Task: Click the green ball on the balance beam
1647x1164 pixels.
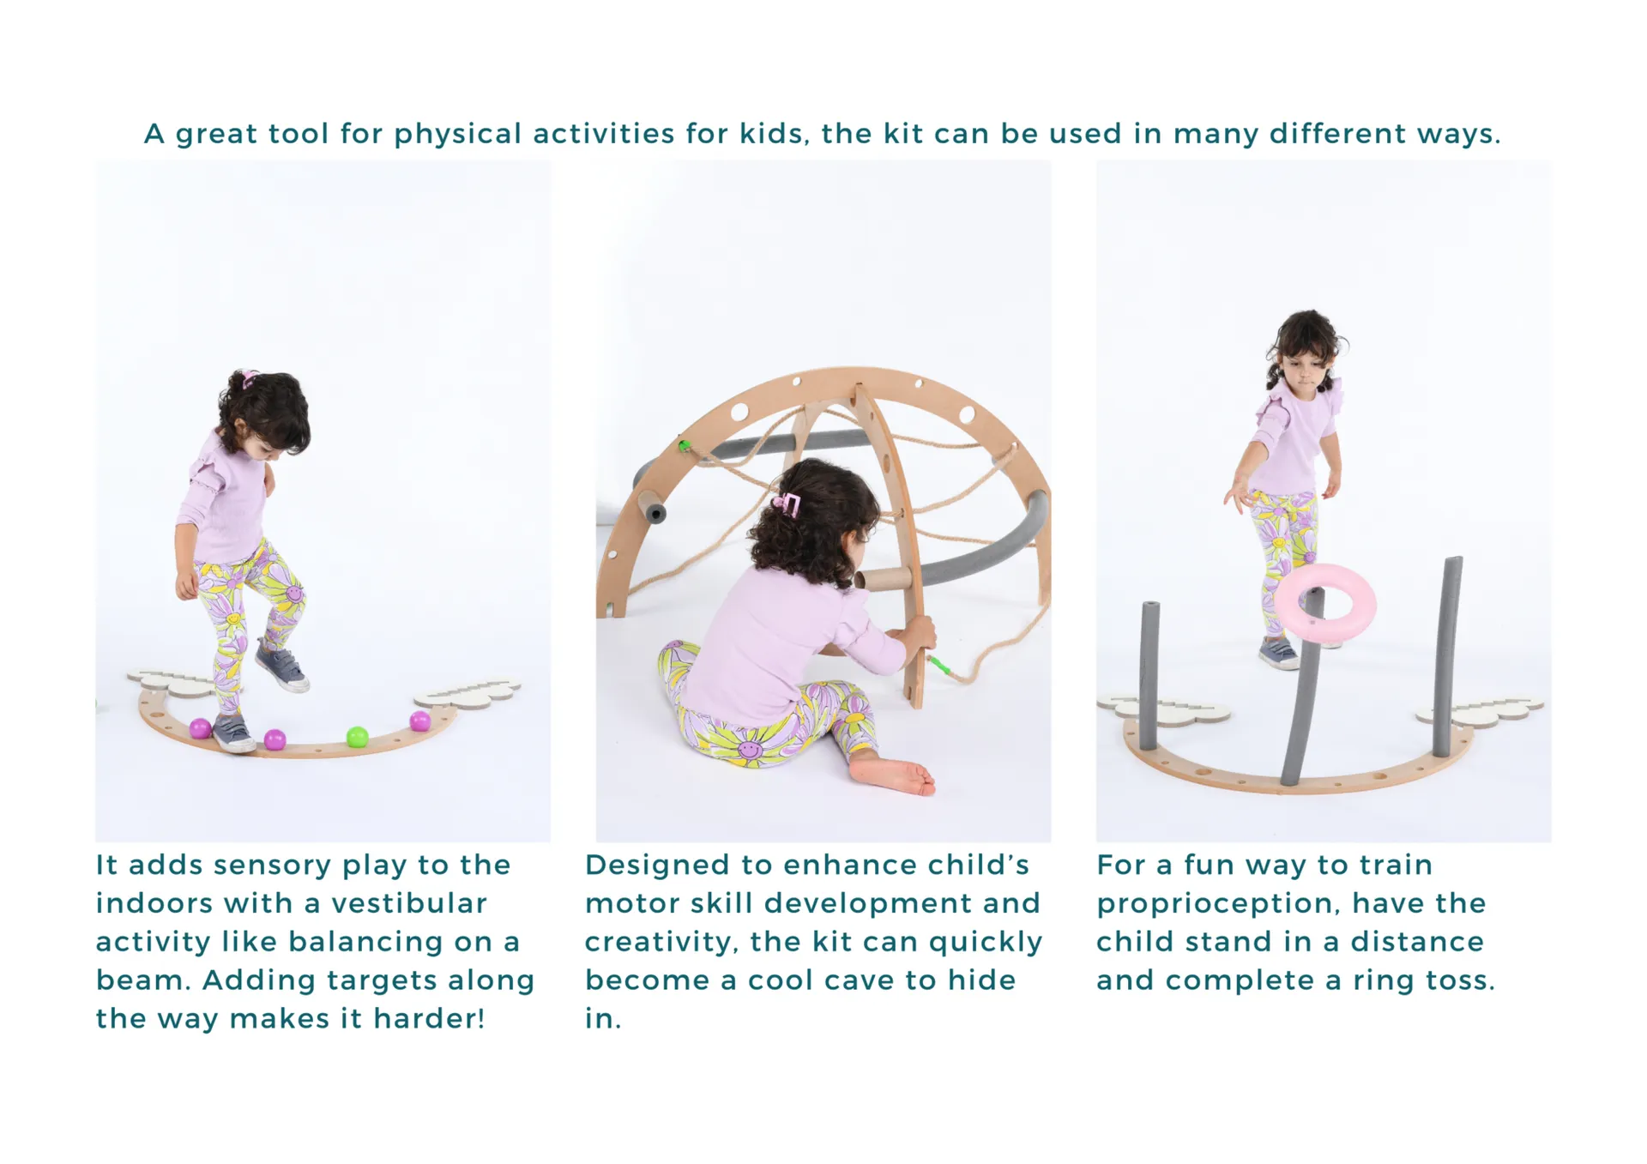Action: [x=357, y=737]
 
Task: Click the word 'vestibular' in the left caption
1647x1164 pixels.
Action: [x=408, y=903]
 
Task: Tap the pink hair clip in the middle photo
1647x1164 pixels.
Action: [x=787, y=505]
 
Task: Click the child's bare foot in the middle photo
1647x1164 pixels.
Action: [x=894, y=776]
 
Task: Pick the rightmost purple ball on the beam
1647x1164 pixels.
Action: [x=419, y=721]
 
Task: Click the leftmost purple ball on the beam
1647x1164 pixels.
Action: [x=200, y=728]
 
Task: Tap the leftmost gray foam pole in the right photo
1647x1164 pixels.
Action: [x=1148, y=675]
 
